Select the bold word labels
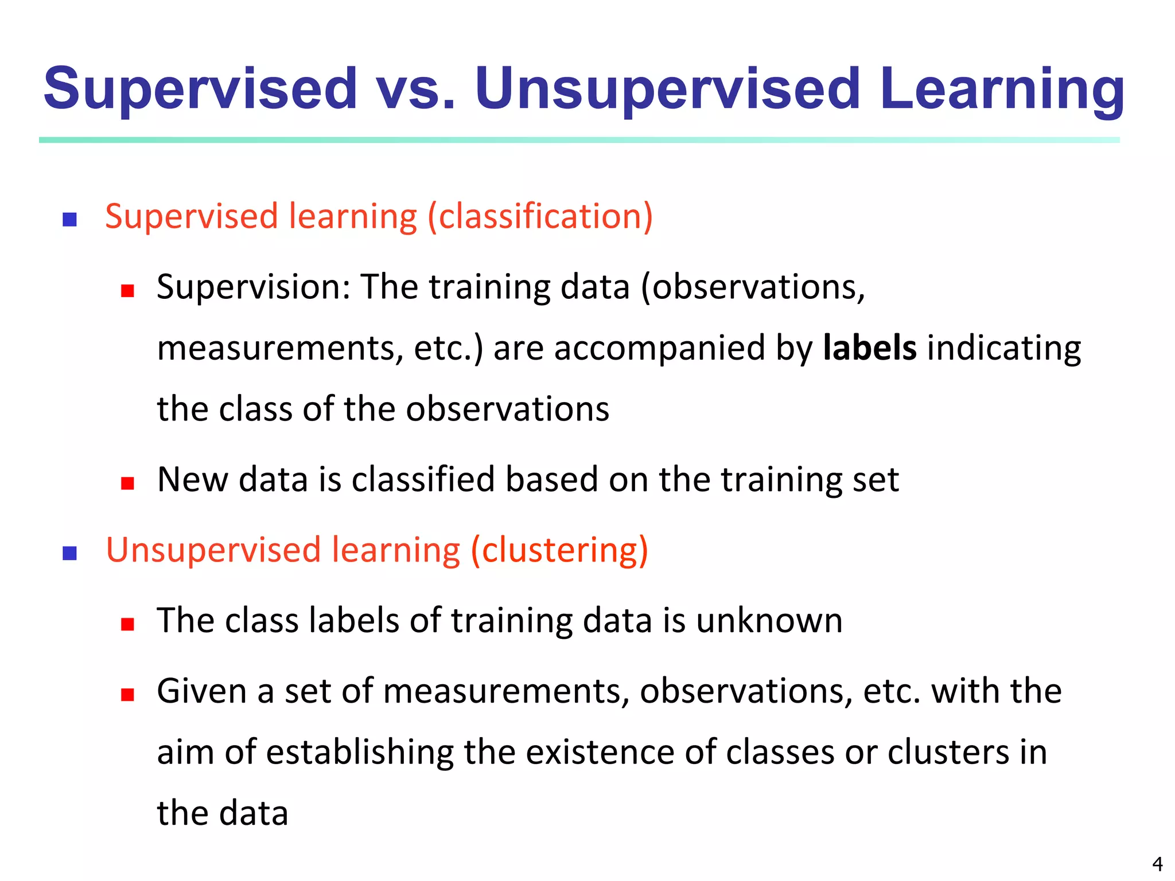click(869, 348)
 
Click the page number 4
click(1157, 864)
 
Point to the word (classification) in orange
click(540, 217)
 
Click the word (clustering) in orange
click(559, 550)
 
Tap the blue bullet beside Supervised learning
click(70, 220)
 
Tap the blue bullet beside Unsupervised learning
click(70, 553)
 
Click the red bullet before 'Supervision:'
click(127, 291)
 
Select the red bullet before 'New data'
click(127, 483)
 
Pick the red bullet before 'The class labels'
click(127, 624)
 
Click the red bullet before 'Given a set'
click(127, 695)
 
